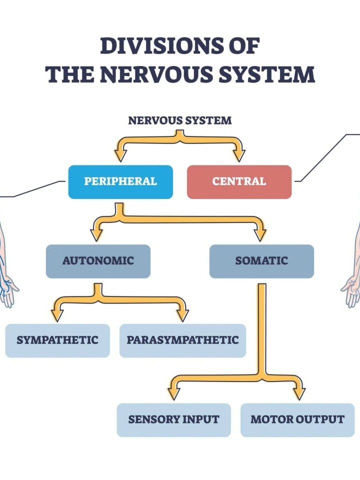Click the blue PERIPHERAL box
click(x=120, y=181)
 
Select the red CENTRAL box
click(x=239, y=181)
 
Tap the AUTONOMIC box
click(x=98, y=261)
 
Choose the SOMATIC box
click(x=261, y=261)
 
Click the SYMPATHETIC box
click(x=57, y=340)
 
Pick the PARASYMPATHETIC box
click(x=182, y=340)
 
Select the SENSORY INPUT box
click(x=173, y=419)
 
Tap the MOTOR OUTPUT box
click(x=297, y=419)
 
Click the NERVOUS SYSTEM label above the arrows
click(x=180, y=120)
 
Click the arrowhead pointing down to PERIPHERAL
click(x=120, y=154)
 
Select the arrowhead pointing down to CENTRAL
click(x=239, y=154)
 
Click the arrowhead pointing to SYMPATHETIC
click(x=57, y=314)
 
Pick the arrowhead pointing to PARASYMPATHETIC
click(x=182, y=314)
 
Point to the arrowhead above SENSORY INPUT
click(x=173, y=393)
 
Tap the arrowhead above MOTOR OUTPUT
click(x=298, y=393)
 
